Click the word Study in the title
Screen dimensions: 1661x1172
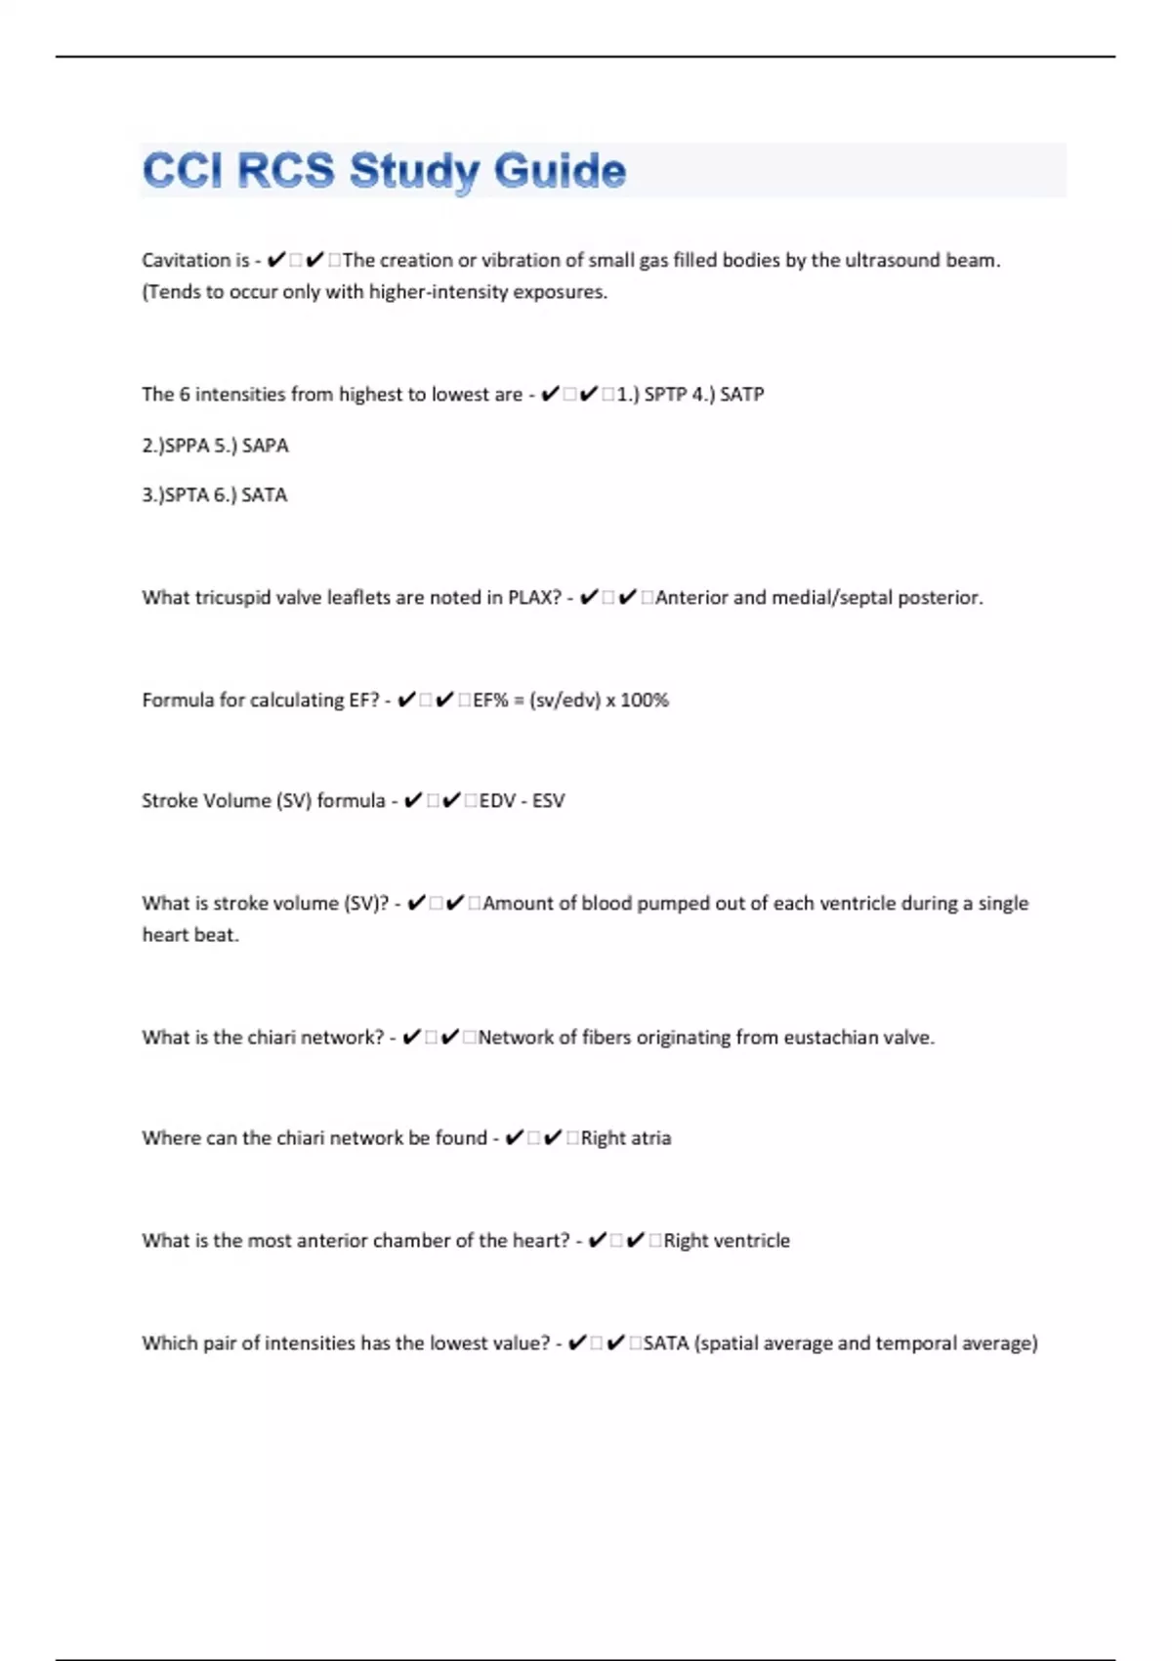click(x=414, y=171)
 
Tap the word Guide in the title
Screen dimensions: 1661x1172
click(x=560, y=171)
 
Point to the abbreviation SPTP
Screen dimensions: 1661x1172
click(x=665, y=394)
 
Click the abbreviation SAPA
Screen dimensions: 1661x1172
click(x=266, y=446)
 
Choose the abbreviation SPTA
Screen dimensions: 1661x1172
click(x=187, y=495)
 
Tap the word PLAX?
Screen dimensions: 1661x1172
click(x=534, y=597)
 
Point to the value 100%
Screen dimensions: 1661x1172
click(x=645, y=700)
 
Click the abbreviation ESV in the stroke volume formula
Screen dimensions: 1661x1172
click(x=548, y=800)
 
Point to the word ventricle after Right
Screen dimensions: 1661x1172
click(x=752, y=1240)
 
